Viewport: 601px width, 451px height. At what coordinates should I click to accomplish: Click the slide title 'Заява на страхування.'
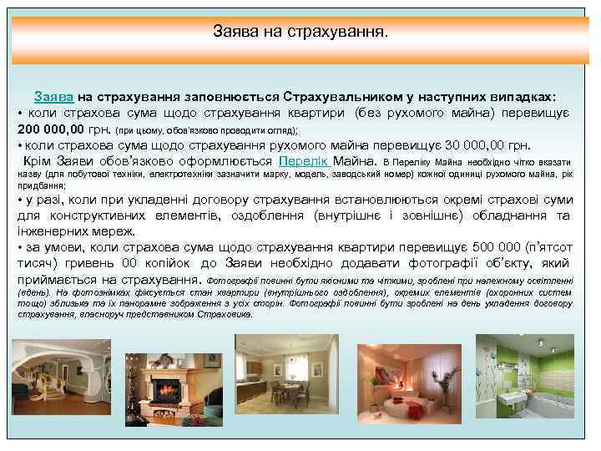click(300, 34)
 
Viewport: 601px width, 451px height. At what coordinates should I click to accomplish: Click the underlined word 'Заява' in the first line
click(53, 96)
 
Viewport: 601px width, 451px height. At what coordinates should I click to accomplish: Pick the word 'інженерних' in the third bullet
click(50, 232)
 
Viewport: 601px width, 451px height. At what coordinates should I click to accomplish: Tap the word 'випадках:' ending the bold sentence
click(525, 96)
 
